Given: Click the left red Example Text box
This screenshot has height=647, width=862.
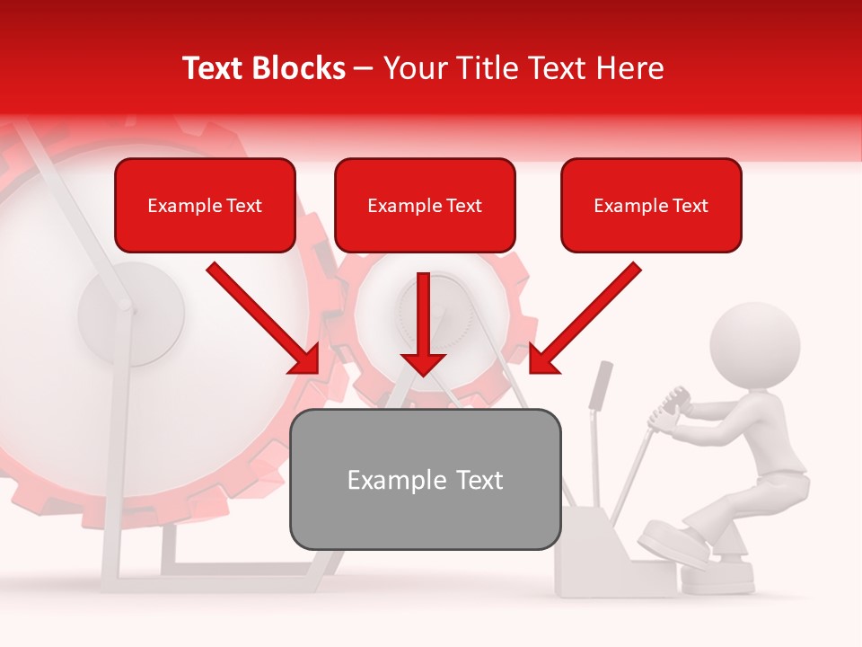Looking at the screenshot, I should [205, 205].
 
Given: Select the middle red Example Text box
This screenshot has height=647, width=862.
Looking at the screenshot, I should [425, 205].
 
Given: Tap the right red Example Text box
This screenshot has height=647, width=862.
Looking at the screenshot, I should [651, 205].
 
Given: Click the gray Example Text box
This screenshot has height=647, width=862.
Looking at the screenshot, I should [425, 479].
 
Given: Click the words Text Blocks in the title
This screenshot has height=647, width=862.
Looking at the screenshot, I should [263, 68].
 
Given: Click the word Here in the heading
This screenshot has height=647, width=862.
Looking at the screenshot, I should [631, 68].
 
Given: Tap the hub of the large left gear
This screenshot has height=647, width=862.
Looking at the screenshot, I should [131, 314].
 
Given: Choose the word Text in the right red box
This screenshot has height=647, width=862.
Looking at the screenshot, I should [690, 206].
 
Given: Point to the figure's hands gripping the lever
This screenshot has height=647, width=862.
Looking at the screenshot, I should [672, 408].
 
